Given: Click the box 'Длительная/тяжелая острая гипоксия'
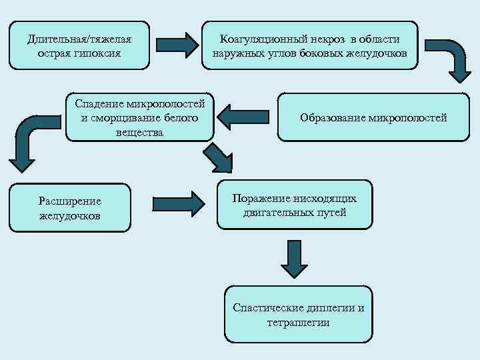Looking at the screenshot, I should [79, 45].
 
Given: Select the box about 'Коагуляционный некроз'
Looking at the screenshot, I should [310, 45].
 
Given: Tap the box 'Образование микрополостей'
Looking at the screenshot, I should [373, 117].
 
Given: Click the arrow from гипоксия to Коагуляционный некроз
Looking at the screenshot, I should [178, 45].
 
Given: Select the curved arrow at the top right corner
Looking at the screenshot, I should [445, 59].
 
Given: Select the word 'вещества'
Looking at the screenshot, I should [140, 133].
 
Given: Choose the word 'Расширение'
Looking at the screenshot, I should [70, 201].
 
